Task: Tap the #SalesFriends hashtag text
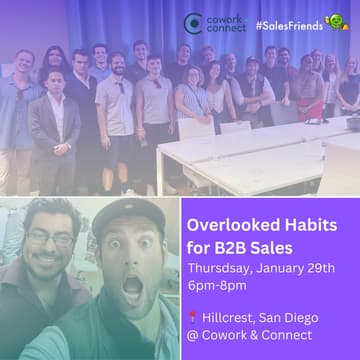[287, 21]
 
